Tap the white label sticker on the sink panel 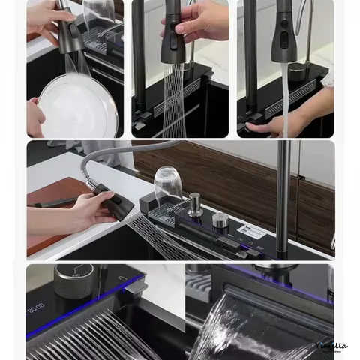252,232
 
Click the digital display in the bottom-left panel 37,307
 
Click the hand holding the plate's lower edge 34,118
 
